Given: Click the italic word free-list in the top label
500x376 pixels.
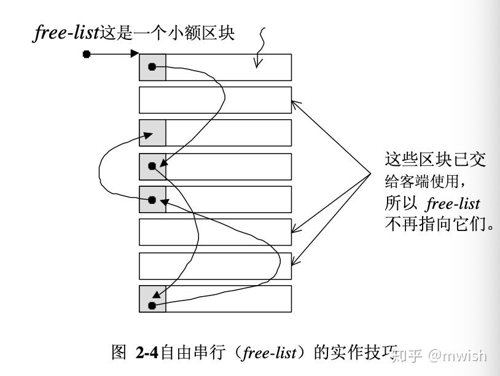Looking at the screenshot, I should click(x=66, y=33).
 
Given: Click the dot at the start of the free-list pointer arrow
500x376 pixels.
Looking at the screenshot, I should click(x=87, y=54).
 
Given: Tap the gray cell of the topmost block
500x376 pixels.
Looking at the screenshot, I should click(x=152, y=67).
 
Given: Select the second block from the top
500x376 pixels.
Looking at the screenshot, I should click(x=215, y=100).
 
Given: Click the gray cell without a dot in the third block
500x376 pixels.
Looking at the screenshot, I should click(x=152, y=133).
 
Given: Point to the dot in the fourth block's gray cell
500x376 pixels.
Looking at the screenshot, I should click(x=152, y=166).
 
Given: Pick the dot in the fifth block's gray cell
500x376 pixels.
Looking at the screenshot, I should click(x=152, y=200).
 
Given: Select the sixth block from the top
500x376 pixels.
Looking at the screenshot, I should click(x=215, y=232).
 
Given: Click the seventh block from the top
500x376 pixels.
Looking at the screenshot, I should click(x=215, y=265).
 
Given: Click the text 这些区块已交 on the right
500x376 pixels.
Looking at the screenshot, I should click(x=435, y=160).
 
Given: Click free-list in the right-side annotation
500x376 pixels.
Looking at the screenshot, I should click(x=452, y=203).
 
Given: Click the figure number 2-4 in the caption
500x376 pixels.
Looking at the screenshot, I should click(x=147, y=353).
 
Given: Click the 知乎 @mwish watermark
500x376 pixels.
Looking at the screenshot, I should click(x=439, y=355).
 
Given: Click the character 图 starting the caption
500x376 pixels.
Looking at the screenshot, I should click(x=119, y=353).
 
